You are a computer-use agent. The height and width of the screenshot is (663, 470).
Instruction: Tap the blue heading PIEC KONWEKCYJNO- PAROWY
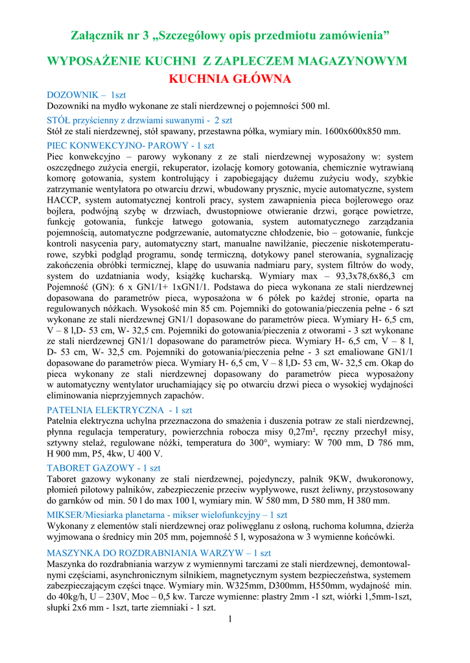click(131, 146)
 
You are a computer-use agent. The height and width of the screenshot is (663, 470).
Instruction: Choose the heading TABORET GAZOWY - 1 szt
click(104, 467)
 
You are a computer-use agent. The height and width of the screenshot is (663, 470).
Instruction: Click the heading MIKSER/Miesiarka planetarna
click(167, 514)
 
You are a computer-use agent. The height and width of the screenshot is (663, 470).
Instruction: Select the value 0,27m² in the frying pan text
click(303, 433)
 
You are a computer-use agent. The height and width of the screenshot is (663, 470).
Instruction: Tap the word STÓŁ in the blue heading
click(58, 120)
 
